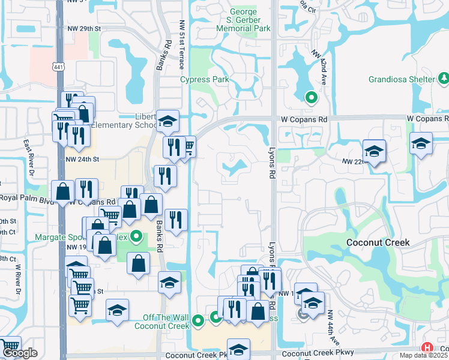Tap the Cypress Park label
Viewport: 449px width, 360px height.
pyautogui.click(x=205, y=80)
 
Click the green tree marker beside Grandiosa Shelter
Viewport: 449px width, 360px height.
pyautogui.click(x=443, y=79)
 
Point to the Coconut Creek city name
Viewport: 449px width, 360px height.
pyautogui.click(x=378, y=242)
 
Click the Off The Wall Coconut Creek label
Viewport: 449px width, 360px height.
pyautogui.click(x=166, y=322)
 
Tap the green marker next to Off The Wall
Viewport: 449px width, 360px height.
pyautogui.click(x=199, y=324)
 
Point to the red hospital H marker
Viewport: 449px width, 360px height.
pyautogui.click(x=427, y=348)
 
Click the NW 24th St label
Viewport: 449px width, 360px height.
pyautogui.click(x=82, y=160)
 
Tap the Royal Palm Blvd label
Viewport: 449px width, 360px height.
pyautogui.click(x=25, y=197)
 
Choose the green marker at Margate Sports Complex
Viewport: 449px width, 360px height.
pyautogui.click(x=136, y=237)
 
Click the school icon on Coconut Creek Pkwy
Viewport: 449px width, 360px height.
pyautogui.click(x=238, y=349)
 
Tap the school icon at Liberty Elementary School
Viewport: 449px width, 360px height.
pyautogui.click(x=167, y=119)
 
